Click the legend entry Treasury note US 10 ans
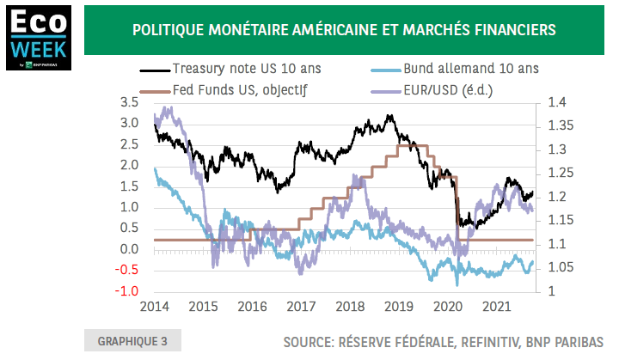click(242, 69)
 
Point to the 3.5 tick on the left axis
click(130, 102)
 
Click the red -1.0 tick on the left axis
click(127, 291)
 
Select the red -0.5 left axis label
click(127, 271)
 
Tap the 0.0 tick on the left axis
click(130, 249)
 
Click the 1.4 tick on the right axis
click(557, 102)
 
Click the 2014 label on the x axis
click(154, 307)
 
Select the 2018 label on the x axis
click(349, 307)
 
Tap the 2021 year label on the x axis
click(496, 307)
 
